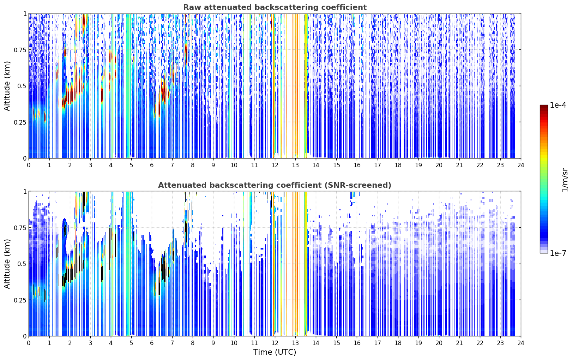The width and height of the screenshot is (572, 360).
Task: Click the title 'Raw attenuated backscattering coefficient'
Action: click(x=275, y=7)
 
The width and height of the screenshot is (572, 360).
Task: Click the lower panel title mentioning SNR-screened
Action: click(x=275, y=185)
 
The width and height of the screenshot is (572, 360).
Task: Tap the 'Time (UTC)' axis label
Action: click(x=275, y=352)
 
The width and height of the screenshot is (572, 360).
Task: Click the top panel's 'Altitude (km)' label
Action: click(x=7, y=86)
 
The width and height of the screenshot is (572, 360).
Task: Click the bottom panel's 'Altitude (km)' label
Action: click(x=7, y=264)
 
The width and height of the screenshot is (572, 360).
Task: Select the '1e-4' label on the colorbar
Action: click(x=558, y=105)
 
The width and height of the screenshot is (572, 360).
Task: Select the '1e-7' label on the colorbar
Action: click(x=558, y=253)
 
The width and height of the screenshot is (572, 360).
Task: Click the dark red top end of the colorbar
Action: click(x=544, y=107)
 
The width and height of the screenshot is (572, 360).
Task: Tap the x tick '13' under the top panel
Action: click(x=295, y=165)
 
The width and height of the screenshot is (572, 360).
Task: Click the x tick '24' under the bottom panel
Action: click(x=521, y=343)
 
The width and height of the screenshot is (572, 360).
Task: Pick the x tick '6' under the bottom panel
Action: click(x=152, y=343)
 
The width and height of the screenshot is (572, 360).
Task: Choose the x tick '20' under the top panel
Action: click(x=439, y=165)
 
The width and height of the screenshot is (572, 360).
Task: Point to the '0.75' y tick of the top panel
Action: click(x=20, y=50)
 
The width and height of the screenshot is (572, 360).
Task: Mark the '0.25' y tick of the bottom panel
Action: click(x=20, y=300)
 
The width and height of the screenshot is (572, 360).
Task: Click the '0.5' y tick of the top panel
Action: click(x=22, y=86)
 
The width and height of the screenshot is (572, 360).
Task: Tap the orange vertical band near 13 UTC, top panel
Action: click(x=295, y=84)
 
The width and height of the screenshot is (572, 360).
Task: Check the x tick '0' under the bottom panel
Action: click(x=29, y=343)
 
